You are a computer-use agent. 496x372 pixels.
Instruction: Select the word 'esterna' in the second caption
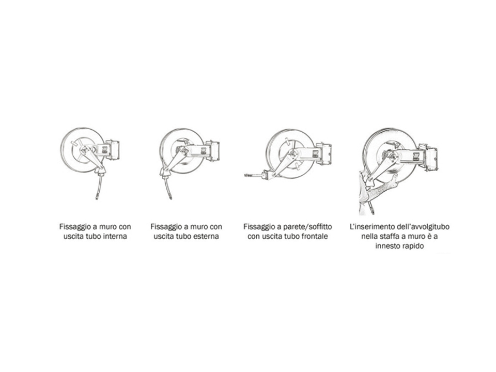click(x=207, y=236)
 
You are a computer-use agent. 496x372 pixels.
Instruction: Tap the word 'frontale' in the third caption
click(x=315, y=236)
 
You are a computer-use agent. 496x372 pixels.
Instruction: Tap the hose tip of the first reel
click(x=97, y=198)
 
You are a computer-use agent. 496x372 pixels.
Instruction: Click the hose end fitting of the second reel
click(x=170, y=197)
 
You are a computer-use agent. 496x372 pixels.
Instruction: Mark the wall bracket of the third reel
click(x=325, y=153)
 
